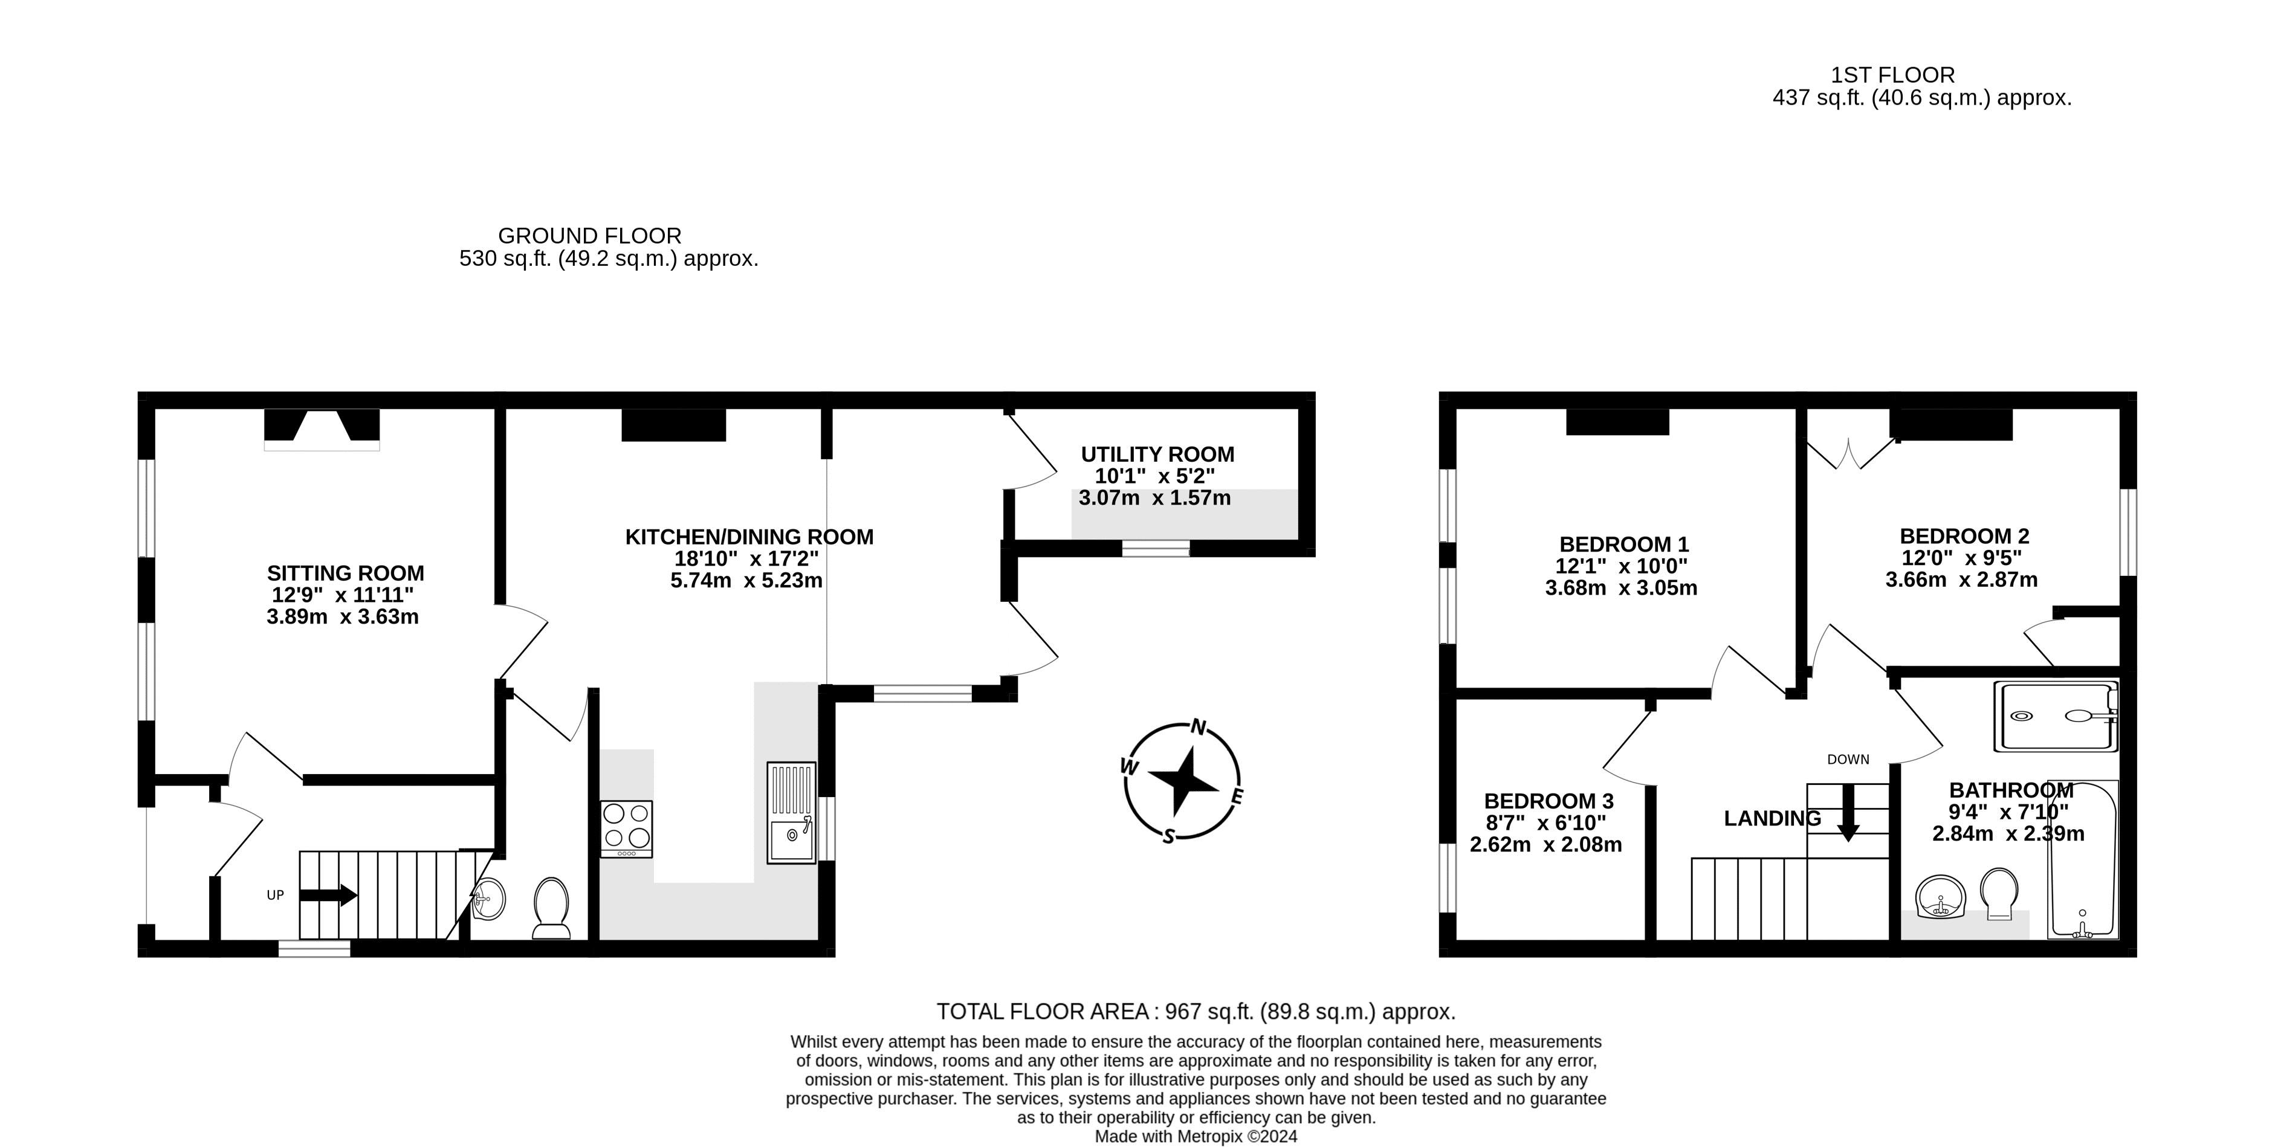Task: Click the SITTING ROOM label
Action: (345, 573)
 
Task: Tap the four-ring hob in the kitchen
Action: (626, 827)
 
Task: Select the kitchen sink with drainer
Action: (791, 812)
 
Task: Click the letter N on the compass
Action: (1199, 727)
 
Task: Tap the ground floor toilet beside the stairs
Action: (551, 907)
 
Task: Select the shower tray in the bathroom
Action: (2054, 716)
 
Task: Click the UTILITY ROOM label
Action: (1157, 454)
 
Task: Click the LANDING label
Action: (1772, 818)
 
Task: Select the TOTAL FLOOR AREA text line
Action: (1196, 1011)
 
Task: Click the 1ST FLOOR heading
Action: (1891, 75)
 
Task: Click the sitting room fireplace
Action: (322, 430)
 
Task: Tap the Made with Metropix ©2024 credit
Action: (1196, 1136)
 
